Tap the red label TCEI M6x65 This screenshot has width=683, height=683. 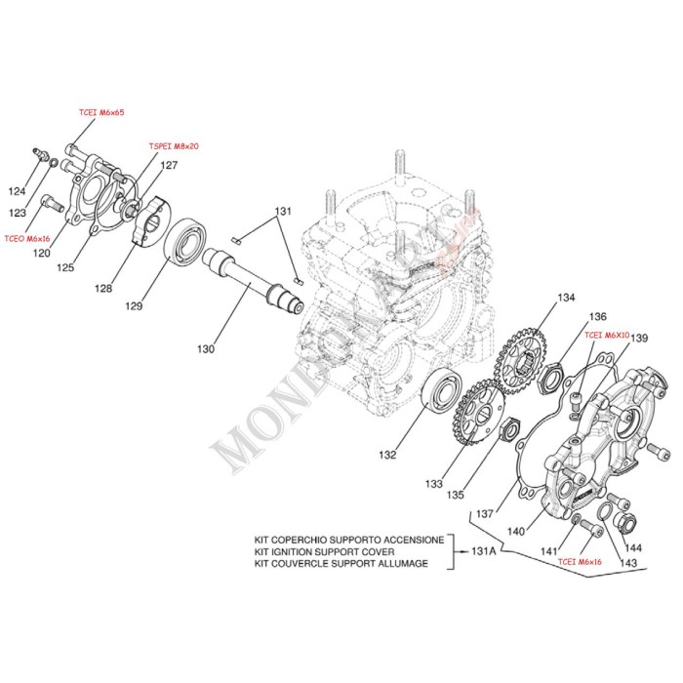tap(101, 113)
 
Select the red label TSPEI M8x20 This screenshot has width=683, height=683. tap(174, 145)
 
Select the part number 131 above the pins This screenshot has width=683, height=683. tap(282, 212)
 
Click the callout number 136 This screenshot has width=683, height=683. tap(597, 316)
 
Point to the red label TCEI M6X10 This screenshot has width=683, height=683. tap(607, 334)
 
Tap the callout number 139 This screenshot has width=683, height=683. tap(639, 339)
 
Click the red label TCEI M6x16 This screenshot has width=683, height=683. tap(580, 563)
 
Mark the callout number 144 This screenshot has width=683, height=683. tap(633, 548)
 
